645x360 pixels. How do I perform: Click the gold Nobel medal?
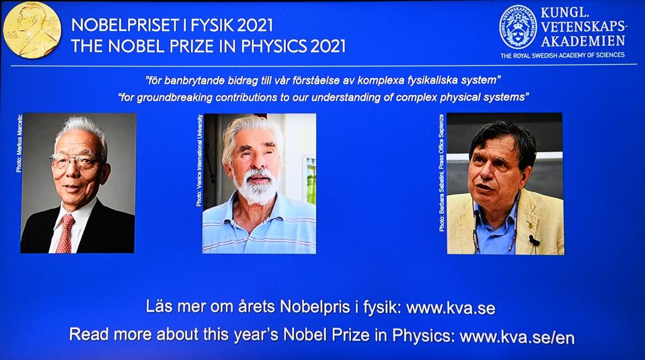click(x=32, y=30)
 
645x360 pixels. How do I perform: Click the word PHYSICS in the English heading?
click(x=274, y=46)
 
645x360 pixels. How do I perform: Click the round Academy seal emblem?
click(x=518, y=27)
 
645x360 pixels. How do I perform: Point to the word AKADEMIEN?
click(x=583, y=41)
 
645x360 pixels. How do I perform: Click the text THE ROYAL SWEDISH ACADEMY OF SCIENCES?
click(x=562, y=55)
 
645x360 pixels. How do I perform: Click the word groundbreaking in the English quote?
click(x=174, y=98)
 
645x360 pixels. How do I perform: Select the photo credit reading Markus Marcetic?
click(x=19, y=143)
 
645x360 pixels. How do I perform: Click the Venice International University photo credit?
click(x=199, y=160)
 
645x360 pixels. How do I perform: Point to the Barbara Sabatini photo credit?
click(x=441, y=173)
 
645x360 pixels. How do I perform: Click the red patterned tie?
click(x=65, y=233)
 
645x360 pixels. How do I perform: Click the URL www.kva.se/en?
click(x=517, y=337)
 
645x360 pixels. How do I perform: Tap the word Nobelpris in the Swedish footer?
click(x=315, y=307)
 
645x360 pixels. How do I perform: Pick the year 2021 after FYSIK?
click(x=255, y=26)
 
